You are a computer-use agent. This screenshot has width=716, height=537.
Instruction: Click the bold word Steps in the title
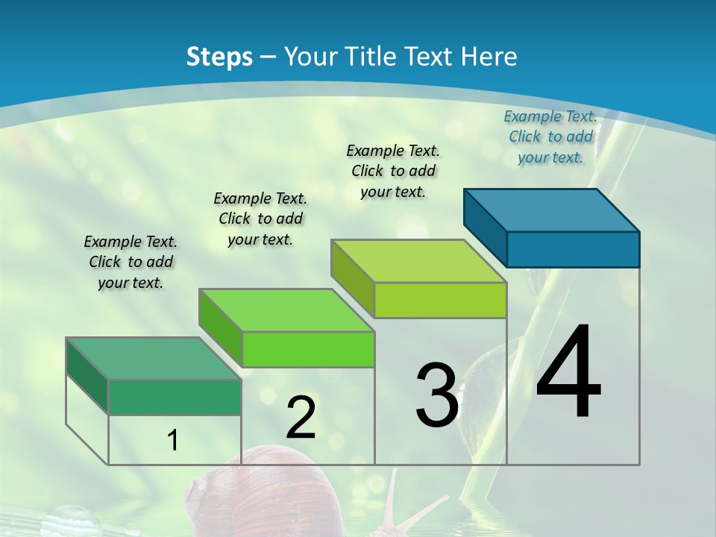(219, 57)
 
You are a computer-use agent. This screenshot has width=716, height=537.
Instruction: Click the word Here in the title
(490, 57)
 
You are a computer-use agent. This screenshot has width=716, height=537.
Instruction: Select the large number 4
(568, 373)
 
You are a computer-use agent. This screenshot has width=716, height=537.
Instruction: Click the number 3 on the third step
(436, 395)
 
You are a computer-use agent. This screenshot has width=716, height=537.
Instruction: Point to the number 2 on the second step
(301, 418)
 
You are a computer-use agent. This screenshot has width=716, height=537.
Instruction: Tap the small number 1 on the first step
(172, 441)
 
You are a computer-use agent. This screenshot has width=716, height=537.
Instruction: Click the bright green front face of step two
(308, 349)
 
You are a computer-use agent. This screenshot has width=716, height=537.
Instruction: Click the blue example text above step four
(550, 137)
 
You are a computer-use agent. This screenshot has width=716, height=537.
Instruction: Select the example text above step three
(393, 171)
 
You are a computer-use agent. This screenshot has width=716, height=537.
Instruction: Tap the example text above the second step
(260, 219)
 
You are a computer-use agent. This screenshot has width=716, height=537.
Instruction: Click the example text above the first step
(131, 262)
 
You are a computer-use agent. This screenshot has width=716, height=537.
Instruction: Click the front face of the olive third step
(440, 301)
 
